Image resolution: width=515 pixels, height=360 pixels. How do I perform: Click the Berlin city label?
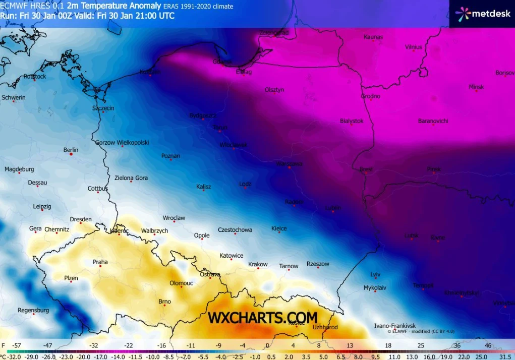(x=71, y=150)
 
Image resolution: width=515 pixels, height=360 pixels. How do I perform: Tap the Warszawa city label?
(x=289, y=164)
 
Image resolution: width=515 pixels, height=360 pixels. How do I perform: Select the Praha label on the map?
(x=100, y=262)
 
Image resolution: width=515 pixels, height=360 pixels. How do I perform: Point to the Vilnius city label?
(x=413, y=47)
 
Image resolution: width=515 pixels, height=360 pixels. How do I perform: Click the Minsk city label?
(x=476, y=87)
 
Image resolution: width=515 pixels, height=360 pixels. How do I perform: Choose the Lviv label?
(x=375, y=274)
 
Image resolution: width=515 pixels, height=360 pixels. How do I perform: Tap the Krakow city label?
(x=258, y=264)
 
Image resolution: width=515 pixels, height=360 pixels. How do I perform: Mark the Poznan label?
(x=170, y=156)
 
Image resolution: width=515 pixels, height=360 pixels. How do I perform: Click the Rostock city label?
(x=34, y=77)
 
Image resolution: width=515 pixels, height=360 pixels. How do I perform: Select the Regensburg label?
(x=33, y=310)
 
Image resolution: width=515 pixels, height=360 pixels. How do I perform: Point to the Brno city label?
(x=164, y=302)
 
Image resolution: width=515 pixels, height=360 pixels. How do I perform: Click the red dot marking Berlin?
(x=71, y=154)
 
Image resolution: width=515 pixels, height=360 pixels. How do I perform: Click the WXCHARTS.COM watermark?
(x=263, y=318)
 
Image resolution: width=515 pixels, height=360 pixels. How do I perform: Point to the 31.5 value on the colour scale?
(x=505, y=356)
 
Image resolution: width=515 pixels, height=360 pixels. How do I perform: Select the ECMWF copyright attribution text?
(x=416, y=331)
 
